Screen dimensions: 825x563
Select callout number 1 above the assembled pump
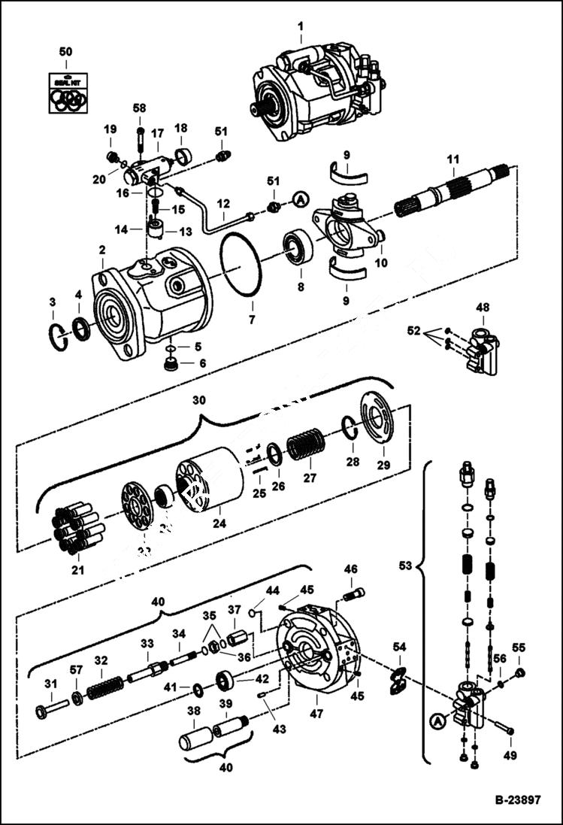[300, 29]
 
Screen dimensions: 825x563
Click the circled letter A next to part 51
[300, 199]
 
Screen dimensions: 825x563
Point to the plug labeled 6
[172, 365]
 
